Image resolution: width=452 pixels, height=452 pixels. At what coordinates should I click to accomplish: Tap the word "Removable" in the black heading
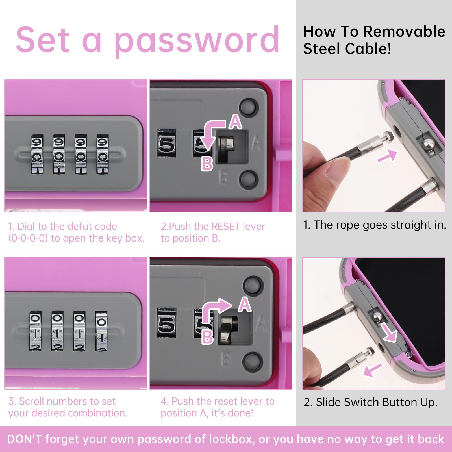pos(404,31)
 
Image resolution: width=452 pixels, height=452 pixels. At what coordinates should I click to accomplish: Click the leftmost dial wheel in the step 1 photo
pos(37,154)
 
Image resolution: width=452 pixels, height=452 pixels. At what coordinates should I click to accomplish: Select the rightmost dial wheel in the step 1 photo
pos(102,154)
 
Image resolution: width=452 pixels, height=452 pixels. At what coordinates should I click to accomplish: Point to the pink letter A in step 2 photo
pos(236,122)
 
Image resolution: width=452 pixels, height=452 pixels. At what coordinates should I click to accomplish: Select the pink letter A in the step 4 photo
pos(245,305)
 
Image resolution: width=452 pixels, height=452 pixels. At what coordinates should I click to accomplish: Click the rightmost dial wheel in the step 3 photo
pos(101,331)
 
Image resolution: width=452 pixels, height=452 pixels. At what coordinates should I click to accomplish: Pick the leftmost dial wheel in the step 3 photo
pos(36,331)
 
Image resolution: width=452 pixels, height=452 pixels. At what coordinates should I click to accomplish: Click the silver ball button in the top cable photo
pos(428,144)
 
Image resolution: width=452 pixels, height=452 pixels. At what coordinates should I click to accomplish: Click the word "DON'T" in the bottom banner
pos(24,439)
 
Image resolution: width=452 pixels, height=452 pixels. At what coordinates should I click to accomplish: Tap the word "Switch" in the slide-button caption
pos(361,402)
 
